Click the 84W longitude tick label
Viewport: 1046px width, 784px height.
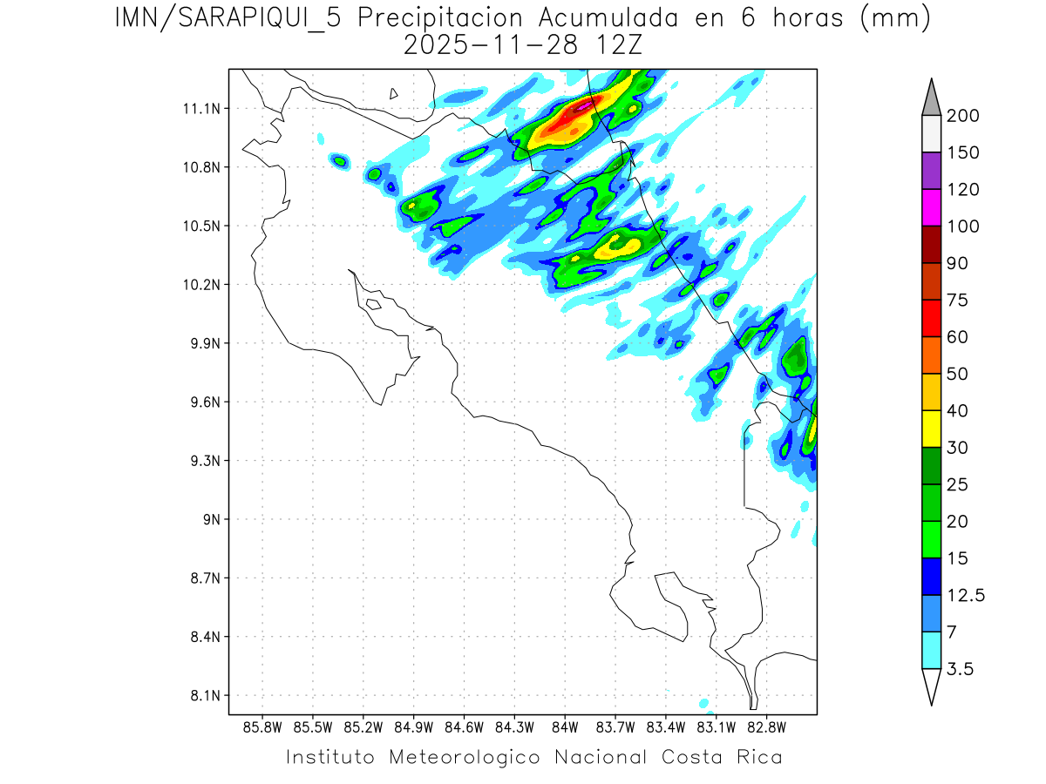[564, 727]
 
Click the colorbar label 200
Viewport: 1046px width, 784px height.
[962, 117]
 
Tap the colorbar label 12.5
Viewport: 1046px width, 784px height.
[966, 596]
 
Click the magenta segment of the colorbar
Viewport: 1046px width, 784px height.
[931, 207]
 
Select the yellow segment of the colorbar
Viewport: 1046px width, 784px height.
[931, 429]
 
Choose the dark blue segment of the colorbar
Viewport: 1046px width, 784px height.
[931, 576]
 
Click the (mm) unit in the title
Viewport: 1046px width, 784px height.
[894, 18]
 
